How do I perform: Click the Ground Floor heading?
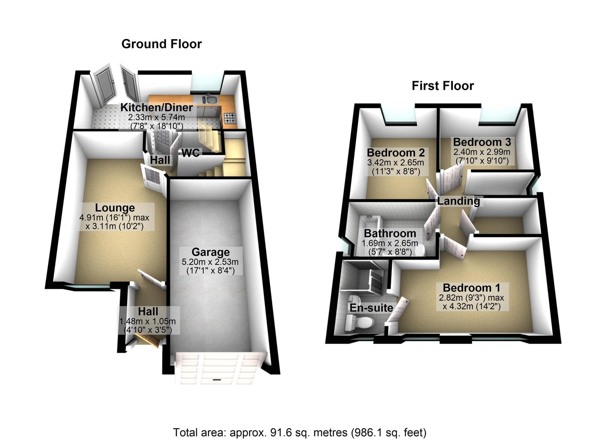[x=161, y=44]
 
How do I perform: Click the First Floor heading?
[x=442, y=86]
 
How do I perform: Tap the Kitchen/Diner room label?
[x=156, y=108]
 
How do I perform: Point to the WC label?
[x=191, y=153]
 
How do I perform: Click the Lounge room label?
[x=115, y=208]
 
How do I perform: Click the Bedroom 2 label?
[x=395, y=153]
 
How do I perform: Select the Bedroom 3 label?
[x=482, y=142]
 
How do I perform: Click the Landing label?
[x=459, y=201]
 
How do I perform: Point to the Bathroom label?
[x=390, y=233]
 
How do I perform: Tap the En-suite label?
[x=371, y=308]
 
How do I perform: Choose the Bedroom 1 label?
[x=471, y=288]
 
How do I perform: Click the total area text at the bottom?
[x=300, y=432]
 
